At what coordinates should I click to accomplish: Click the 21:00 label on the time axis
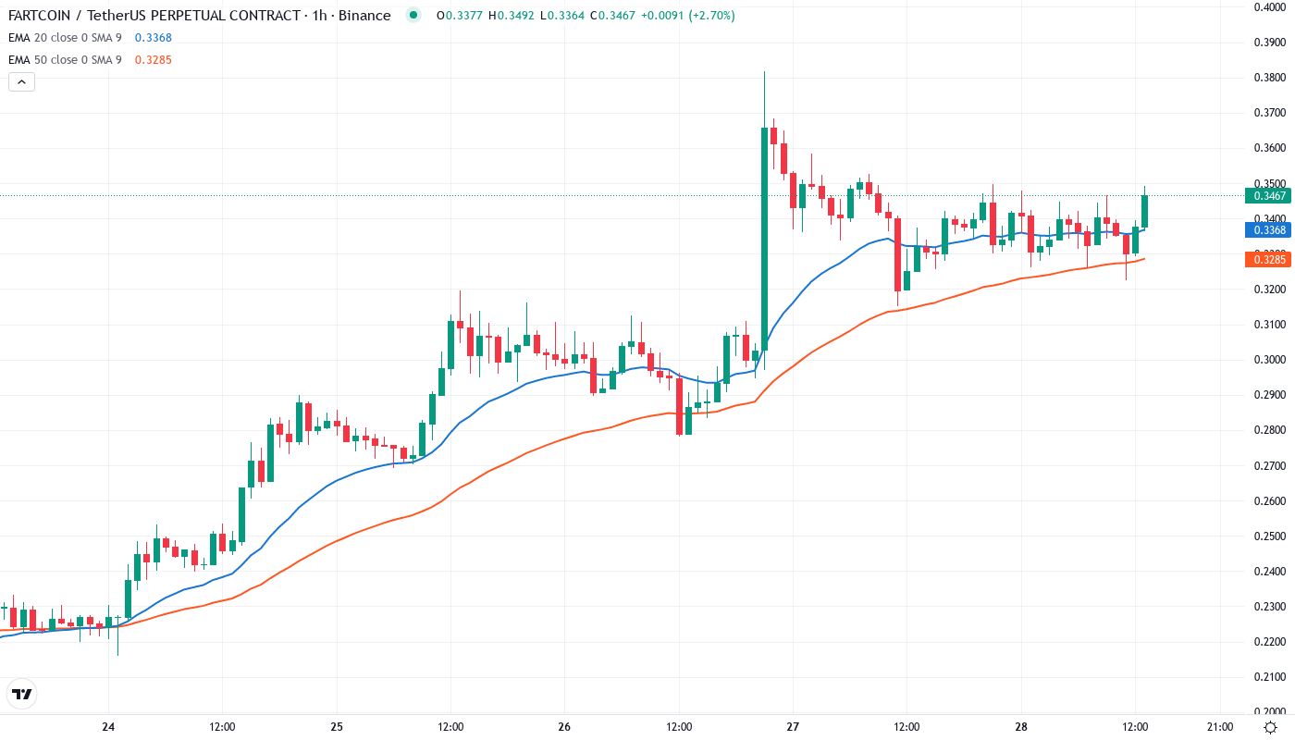pos(1219,727)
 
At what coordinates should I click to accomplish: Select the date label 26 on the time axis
pos(565,727)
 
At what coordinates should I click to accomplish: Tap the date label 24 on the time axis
pos(108,727)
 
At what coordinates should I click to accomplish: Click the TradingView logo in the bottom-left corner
pos(22,694)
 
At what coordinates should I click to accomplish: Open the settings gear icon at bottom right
pos(1271,727)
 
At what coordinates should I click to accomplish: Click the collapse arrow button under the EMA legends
pos(21,81)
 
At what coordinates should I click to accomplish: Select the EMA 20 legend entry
pos(65,37)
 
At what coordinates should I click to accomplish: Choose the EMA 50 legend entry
pos(65,59)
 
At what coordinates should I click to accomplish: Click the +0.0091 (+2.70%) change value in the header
pos(691,15)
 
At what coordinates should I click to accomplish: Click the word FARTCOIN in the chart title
pos(45,15)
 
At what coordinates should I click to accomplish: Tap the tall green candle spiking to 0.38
pos(764,231)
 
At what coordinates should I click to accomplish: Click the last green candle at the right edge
pos(1144,211)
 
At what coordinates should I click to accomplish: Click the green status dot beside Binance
pos(413,15)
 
